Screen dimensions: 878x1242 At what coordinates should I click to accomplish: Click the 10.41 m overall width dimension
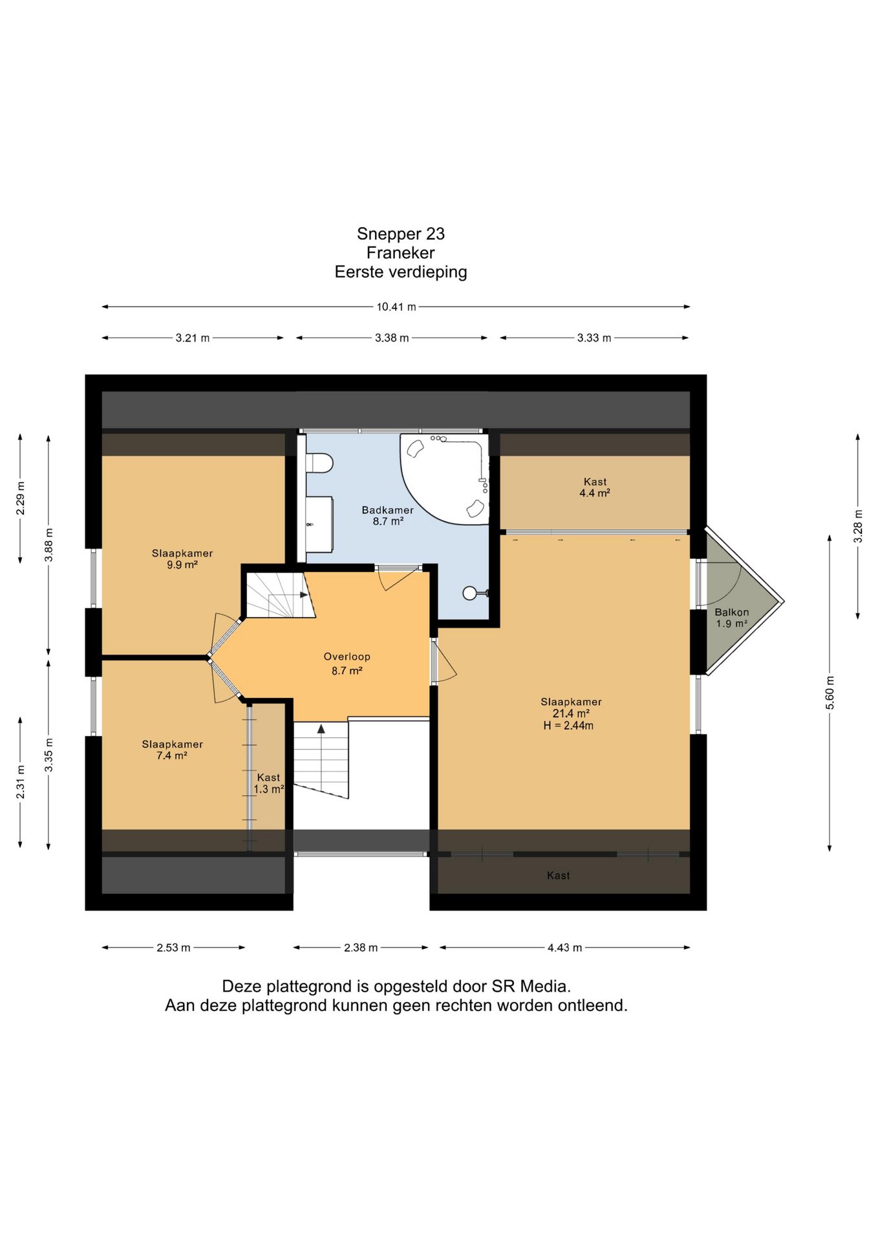click(x=396, y=307)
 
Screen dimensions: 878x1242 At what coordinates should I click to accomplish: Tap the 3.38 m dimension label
click(x=392, y=338)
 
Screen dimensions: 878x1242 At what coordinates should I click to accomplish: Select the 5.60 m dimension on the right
click(x=830, y=693)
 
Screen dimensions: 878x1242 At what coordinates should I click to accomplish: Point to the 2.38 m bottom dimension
click(x=361, y=948)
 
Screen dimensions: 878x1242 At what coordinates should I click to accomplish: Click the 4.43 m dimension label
click(x=565, y=948)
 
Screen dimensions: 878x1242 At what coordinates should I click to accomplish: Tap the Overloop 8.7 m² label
click(x=347, y=664)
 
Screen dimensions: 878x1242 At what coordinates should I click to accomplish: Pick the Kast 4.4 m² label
click(x=595, y=487)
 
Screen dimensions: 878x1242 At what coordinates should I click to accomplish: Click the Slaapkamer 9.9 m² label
click(x=182, y=559)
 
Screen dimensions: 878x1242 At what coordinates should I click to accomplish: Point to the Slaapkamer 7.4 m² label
click(x=173, y=750)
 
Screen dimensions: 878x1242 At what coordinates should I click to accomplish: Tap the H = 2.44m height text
click(x=568, y=726)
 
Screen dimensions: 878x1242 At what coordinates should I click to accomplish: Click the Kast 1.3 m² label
click(x=269, y=783)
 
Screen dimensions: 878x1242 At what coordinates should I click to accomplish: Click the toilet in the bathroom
click(x=319, y=463)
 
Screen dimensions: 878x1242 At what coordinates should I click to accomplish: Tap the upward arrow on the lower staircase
click(x=321, y=729)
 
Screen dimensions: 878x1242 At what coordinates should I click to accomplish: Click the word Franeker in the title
click(x=401, y=253)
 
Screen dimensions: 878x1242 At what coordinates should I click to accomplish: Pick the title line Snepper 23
click(x=401, y=234)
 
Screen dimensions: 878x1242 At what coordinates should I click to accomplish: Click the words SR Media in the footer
click(x=531, y=986)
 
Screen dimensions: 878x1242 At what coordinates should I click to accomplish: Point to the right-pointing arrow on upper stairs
click(x=304, y=594)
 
